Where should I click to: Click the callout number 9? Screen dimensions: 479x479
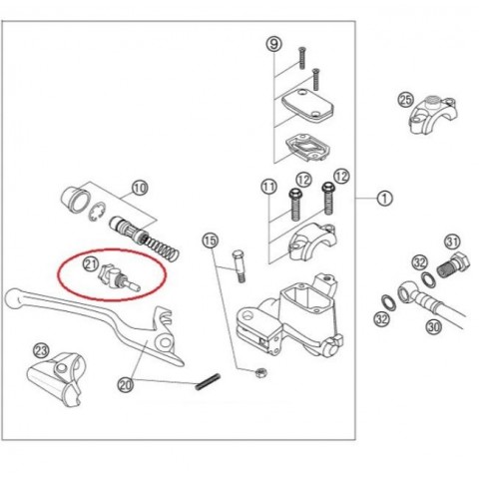point(274,44)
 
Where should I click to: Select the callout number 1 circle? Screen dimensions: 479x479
point(384,199)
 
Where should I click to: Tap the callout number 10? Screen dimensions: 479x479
point(140,188)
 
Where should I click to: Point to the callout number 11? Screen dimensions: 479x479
point(268,187)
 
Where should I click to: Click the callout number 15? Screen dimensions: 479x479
point(211,240)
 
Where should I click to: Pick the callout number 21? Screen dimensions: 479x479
point(91,264)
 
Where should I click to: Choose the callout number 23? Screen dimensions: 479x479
point(41,351)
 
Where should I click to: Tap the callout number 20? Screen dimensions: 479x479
point(126,385)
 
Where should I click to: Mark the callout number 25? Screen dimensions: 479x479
point(406,100)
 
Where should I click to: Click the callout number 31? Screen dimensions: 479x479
point(452,241)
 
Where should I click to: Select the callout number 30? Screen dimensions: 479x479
point(434,327)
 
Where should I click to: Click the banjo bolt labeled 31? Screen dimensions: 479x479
point(453,265)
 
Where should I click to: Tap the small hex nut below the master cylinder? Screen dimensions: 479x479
point(260,372)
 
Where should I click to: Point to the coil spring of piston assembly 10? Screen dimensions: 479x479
point(162,246)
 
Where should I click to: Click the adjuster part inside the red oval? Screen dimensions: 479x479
point(119,278)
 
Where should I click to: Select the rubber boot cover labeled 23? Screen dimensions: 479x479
point(55,379)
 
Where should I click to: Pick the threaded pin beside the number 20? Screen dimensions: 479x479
point(208,381)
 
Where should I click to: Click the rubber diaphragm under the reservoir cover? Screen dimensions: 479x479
point(306,147)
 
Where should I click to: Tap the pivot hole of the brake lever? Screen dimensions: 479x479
point(164,342)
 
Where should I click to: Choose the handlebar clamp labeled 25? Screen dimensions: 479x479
point(433,115)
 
